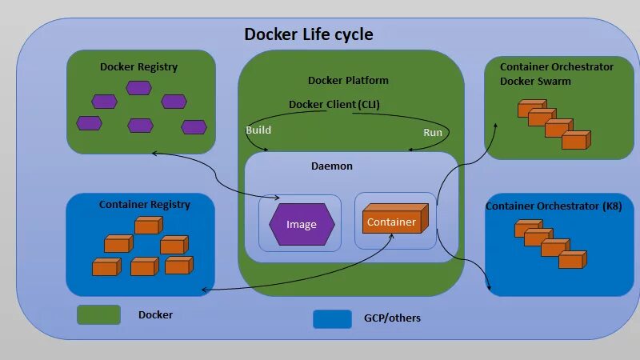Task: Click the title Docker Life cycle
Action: pyautogui.click(x=308, y=34)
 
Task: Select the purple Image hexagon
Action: pyautogui.click(x=302, y=224)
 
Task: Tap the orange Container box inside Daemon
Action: pyautogui.click(x=392, y=221)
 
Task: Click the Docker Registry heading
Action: pyautogui.click(x=138, y=67)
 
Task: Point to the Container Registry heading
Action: pyautogui.click(x=144, y=205)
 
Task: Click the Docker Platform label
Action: pyautogui.click(x=348, y=81)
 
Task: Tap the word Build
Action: pyautogui.click(x=258, y=130)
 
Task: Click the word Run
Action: pyautogui.click(x=433, y=133)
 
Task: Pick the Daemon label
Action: pyautogui.click(x=331, y=166)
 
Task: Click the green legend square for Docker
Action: pyautogui.click(x=98, y=314)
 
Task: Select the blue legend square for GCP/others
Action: pyautogui.click(x=332, y=318)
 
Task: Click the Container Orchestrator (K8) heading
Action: pyautogui.click(x=554, y=207)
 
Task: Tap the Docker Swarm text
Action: pyautogui.click(x=535, y=82)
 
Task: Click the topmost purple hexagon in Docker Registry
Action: pyautogui.click(x=138, y=87)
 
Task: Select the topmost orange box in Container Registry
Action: pyautogui.click(x=147, y=226)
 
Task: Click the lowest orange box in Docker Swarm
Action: pyautogui.click(x=574, y=141)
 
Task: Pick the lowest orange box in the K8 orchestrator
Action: pyautogui.click(x=572, y=259)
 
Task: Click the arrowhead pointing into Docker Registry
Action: pyautogui.click(x=153, y=153)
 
